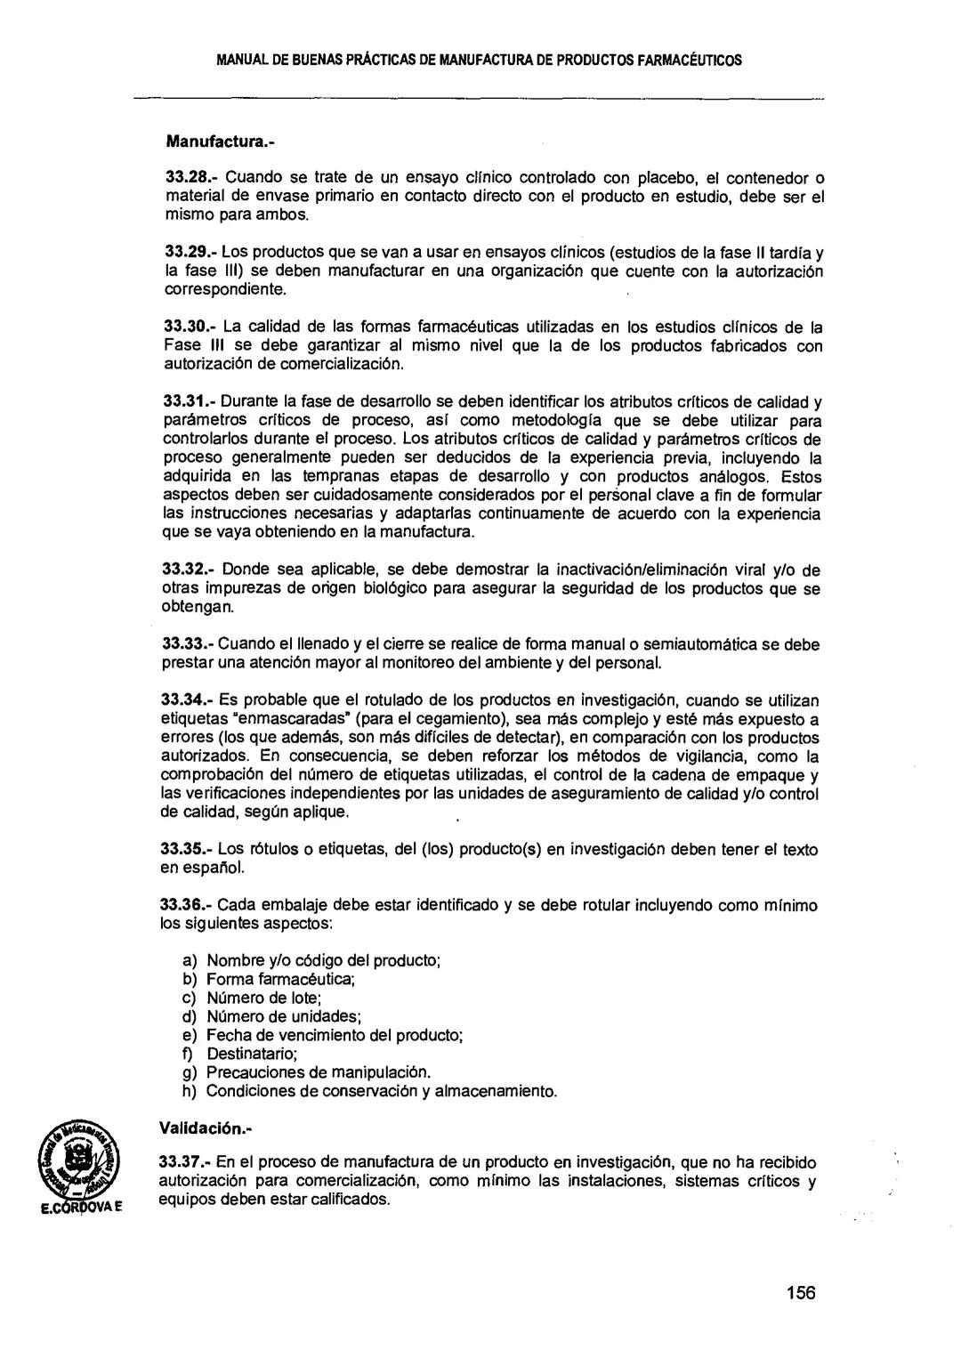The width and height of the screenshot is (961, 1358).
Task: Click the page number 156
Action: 800,1293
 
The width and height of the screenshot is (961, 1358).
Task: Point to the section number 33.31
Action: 185,400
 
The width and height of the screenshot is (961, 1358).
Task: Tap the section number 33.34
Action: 184,699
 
